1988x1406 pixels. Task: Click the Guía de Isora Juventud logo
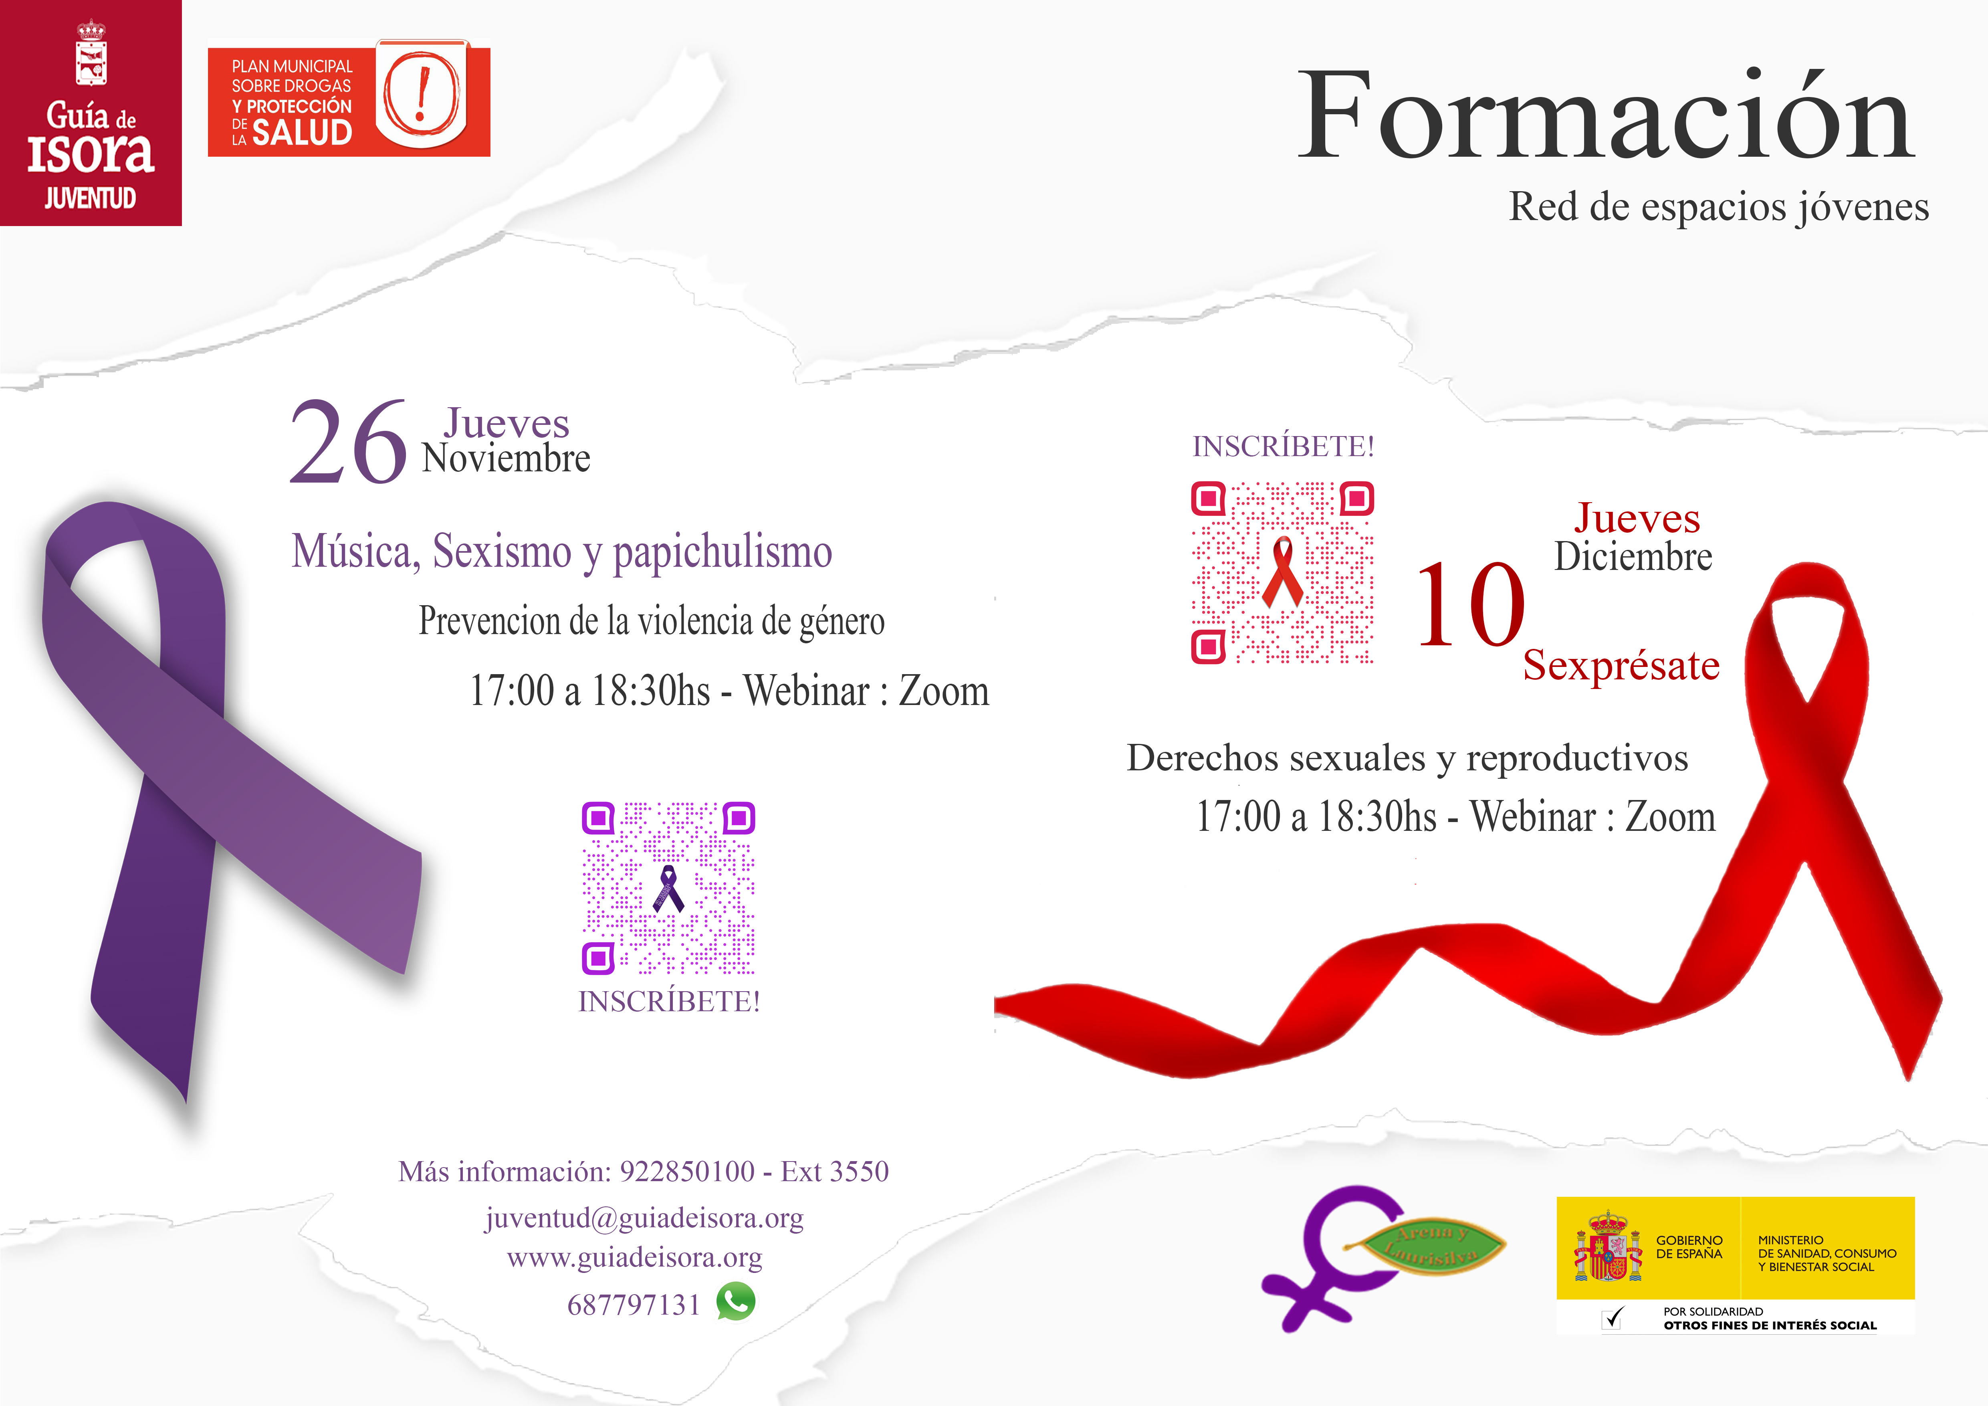pyautogui.click(x=91, y=113)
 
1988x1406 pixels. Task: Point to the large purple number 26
pyautogui.click(x=348, y=442)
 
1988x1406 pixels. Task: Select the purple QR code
pyautogui.click(x=668, y=888)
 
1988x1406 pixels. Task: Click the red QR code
pyautogui.click(x=1282, y=572)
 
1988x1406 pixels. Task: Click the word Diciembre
pyautogui.click(x=1633, y=557)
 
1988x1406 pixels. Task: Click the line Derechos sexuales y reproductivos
pyautogui.click(x=1407, y=758)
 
